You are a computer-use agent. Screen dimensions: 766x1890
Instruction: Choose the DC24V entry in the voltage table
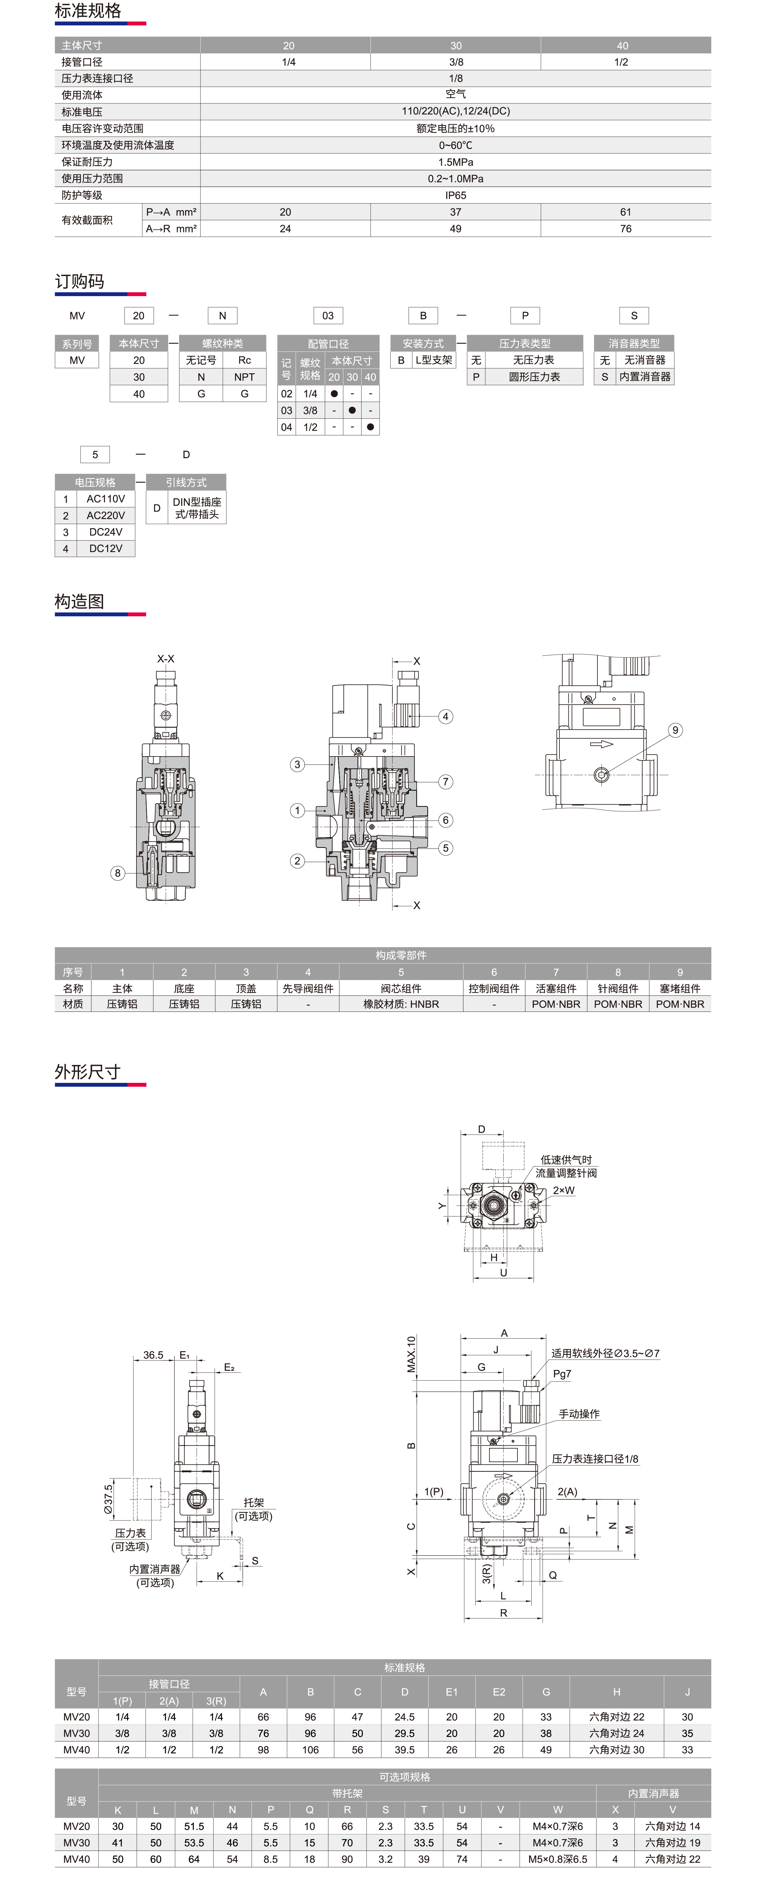point(106,532)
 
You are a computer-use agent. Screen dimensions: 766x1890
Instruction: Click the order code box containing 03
point(328,316)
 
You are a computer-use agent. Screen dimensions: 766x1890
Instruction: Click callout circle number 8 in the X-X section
point(117,873)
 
